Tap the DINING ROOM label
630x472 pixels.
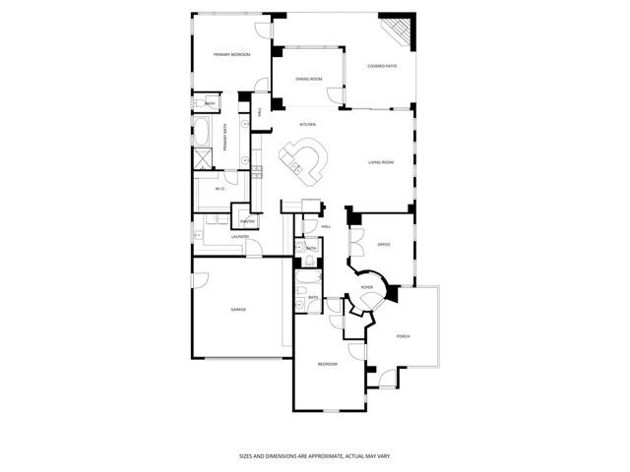click(x=309, y=79)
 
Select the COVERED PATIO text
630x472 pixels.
click(x=382, y=67)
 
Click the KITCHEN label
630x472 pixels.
click(x=307, y=124)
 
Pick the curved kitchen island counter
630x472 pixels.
click(x=306, y=162)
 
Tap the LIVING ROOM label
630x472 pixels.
click(x=381, y=162)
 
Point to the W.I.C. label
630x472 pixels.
click(x=221, y=189)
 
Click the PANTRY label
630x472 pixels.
click(x=247, y=221)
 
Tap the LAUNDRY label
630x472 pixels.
click(x=238, y=237)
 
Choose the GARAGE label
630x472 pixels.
click(x=238, y=310)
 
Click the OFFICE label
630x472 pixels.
click(x=384, y=244)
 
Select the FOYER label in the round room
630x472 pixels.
click(x=366, y=287)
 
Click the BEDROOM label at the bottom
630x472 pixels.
click(x=327, y=365)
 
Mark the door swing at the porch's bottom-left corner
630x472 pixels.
click(x=381, y=376)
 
